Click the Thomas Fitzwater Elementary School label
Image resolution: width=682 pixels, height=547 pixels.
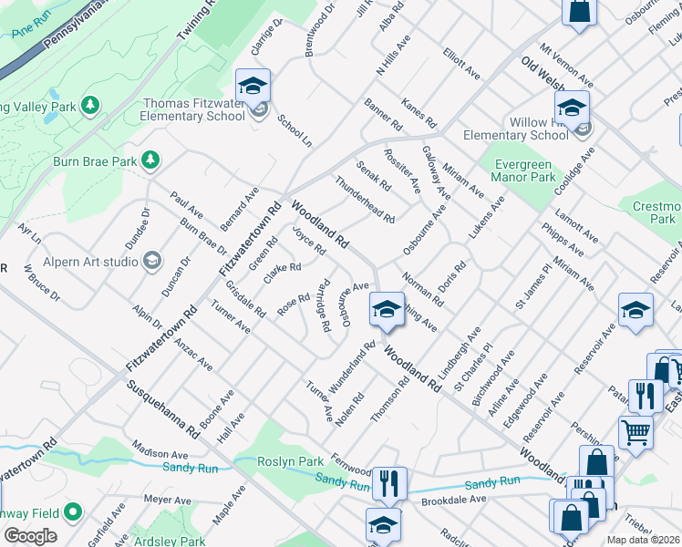tap(193, 110)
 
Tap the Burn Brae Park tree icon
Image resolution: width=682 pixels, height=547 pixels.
tap(151, 161)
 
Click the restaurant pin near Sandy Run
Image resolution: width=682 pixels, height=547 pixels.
tap(390, 483)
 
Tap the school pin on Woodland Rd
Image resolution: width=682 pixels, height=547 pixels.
tap(387, 310)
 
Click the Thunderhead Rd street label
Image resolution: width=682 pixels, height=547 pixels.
tap(365, 199)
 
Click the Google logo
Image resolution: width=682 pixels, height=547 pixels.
tap(30, 535)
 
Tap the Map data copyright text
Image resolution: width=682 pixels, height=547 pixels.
tap(644, 540)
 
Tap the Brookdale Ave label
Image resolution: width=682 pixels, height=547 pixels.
tap(453, 500)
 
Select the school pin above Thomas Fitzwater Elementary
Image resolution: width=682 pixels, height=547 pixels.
tap(253, 87)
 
